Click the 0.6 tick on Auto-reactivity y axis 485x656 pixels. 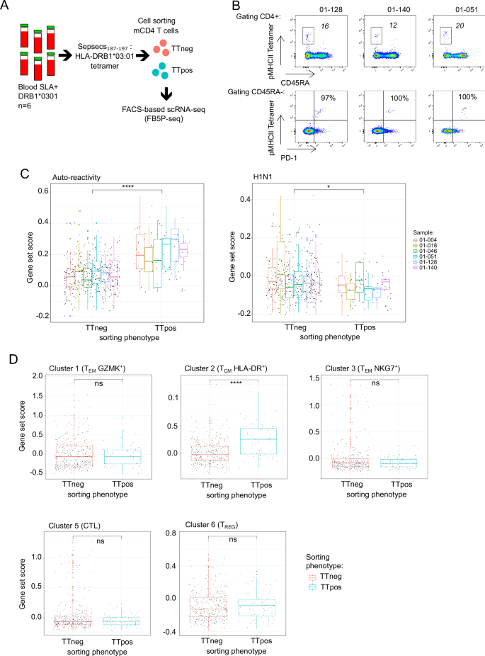pos(42,191)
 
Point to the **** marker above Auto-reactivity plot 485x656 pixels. pos(127,186)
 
